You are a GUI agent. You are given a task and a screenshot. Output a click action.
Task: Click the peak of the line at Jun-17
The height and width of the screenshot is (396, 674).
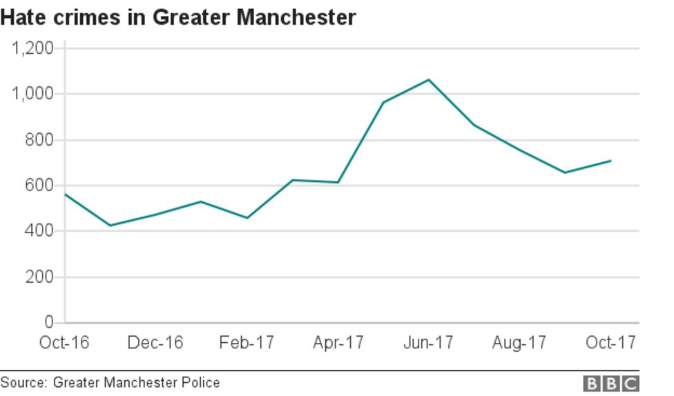pos(429,79)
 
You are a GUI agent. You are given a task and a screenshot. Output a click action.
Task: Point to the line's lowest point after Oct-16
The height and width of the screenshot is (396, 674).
pos(110,226)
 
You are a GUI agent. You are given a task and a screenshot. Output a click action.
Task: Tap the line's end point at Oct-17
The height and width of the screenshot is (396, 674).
pos(611,161)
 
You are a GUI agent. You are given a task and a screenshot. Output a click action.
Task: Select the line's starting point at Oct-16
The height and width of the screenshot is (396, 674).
pos(65,194)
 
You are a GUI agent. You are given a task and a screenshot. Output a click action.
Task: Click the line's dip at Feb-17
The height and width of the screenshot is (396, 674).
pos(247,218)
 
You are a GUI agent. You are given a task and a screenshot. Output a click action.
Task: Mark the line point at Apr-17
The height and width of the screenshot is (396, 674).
pos(338,182)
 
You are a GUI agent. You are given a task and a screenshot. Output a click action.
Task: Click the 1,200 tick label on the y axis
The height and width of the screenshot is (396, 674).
pos(33,48)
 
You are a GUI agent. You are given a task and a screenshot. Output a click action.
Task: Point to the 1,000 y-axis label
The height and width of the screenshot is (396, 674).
pos(33,94)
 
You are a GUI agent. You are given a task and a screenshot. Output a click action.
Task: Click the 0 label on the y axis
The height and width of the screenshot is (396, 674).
pos(49,322)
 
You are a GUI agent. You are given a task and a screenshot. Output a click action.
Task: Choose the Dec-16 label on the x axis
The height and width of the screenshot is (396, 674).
pos(155,343)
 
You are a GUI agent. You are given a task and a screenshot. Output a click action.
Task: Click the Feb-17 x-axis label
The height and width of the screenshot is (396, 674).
pos(247,343)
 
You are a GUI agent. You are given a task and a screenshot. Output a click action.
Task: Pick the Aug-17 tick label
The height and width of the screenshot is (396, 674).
pos(519,343)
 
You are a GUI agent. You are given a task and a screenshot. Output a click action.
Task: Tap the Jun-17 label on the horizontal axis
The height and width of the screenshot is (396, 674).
pos(428,343)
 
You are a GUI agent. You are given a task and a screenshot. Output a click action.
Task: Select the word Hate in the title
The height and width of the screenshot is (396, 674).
pos(21,17)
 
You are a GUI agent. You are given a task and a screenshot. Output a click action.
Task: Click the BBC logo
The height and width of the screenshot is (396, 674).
pos(611,384)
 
